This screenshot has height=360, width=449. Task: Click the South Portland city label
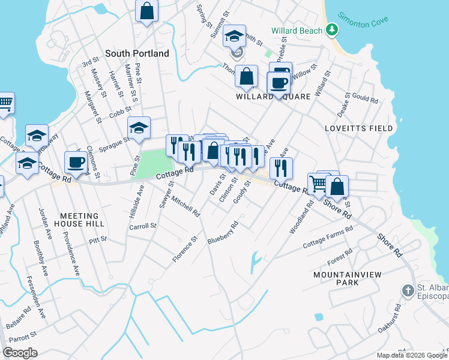pos(137,53)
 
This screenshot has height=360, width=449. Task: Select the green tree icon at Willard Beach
pos(331,29)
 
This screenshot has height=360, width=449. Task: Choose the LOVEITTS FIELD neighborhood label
pos(358,128)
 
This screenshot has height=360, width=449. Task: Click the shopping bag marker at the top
pos(146,11)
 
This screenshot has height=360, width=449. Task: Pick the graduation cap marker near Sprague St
pos(139,128)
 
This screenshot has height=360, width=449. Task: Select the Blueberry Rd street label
pos(223,233)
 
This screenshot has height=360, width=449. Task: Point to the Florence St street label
pos(185,250)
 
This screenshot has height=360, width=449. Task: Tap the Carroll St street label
pos(143,227)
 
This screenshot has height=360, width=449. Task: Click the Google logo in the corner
pos(20,353)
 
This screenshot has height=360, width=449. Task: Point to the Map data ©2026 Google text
pos(412,355)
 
